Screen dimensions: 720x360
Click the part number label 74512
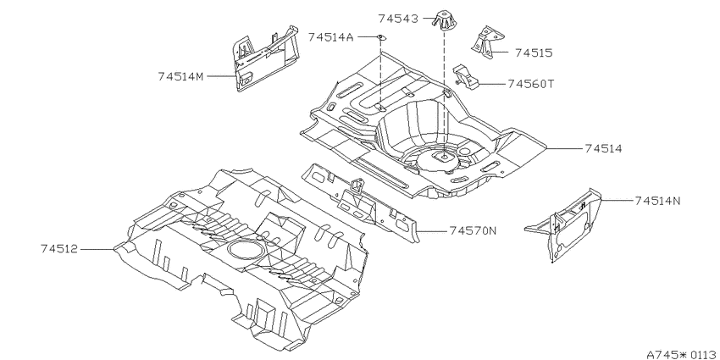(59, 249)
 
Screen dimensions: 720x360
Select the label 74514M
(180, 76)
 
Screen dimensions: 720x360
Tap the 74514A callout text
(330, 36)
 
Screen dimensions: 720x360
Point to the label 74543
(398, 19)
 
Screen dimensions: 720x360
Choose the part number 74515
(534, 53)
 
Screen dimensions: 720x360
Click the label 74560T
(531, 84)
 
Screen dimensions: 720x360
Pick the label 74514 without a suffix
(603, 148)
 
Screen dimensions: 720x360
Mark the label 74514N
(658, 201)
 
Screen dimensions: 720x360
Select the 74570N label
(473, 230)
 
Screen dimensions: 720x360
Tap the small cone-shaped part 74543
(444, 19)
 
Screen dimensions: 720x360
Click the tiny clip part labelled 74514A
(380, 36)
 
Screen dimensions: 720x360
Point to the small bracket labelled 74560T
(466, 76)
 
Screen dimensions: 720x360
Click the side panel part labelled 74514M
(265, 58)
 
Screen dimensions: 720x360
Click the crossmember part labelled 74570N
(361, 202)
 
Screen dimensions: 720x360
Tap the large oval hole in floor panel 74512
(246, 249)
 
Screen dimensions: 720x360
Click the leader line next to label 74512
(97, 249)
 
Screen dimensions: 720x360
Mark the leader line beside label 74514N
(617, 201)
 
